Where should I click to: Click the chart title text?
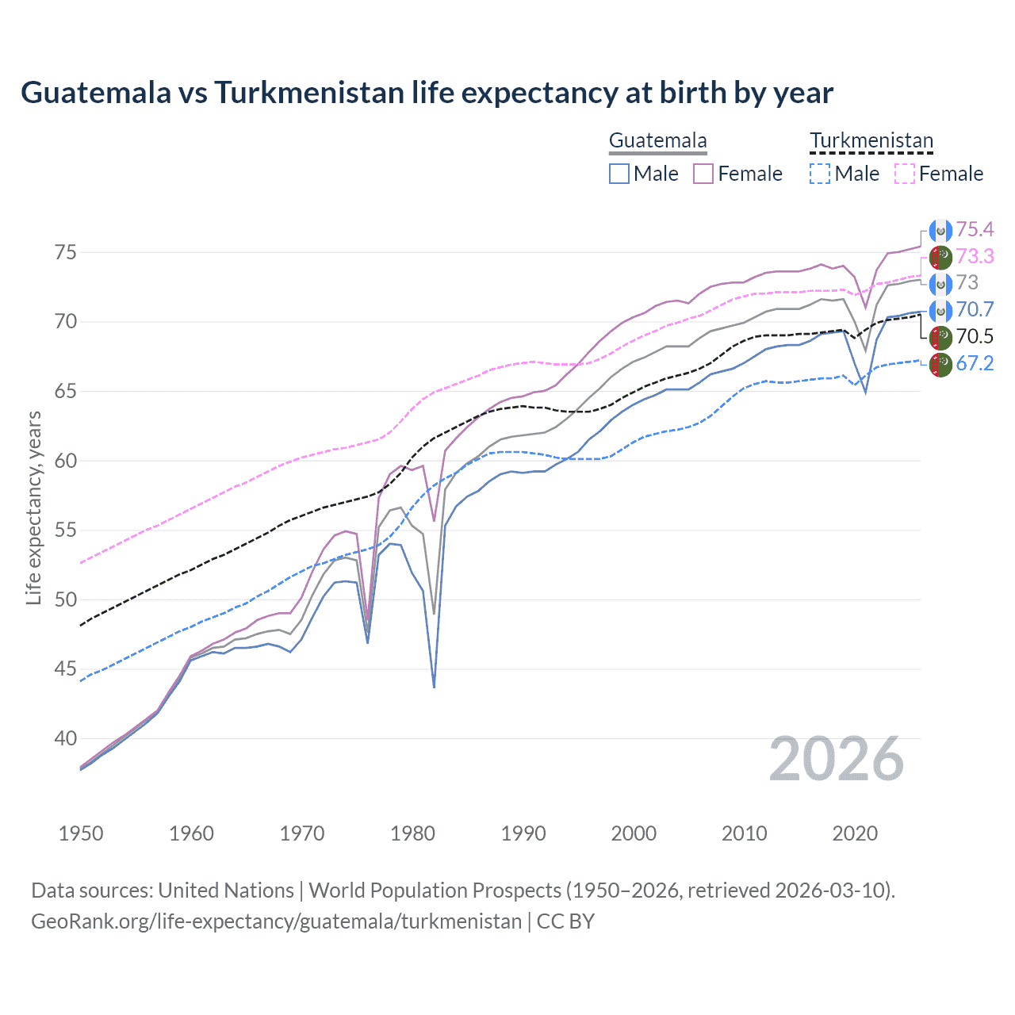point(427,93)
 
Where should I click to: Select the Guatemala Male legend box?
point(619,174)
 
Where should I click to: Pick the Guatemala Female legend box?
point(703,174)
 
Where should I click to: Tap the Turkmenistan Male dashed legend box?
point(820,174)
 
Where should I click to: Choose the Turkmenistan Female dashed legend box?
point(904,174)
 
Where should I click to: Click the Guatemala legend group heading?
point(657,141)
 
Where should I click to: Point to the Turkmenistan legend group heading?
point(871,141)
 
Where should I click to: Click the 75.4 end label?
point(975,230)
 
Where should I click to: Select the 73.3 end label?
point(975,256)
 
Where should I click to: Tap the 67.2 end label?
point(975,363)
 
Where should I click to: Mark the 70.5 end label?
point(975,336)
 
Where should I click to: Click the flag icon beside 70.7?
point(940,310)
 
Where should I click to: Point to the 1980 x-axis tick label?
point(412,833)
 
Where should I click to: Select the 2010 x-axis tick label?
point(744,833)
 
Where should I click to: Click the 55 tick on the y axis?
point(66,530)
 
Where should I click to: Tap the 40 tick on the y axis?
point(66,738)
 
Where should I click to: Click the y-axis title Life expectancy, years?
point(34,507)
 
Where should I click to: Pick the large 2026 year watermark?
point(836,760)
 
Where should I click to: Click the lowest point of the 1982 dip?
point(434,687)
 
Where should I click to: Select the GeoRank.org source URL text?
point(276,921)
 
